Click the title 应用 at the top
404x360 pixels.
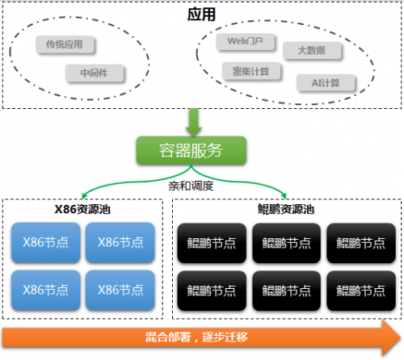point(201,15)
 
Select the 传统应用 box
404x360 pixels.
point(65,44)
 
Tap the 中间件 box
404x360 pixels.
point(95,73)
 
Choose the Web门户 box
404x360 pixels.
point(245,41)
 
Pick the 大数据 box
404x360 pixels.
point(312,50)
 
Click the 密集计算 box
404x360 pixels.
point(251,71)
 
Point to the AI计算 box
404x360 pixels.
point(326,83)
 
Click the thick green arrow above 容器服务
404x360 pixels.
point(194,122)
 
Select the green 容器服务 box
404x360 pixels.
point(191,150)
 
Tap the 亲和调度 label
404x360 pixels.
point(191,186)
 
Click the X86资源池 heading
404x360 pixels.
point(82,209)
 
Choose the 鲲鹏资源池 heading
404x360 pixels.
point(286,209)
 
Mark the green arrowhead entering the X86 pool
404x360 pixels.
point(84,196)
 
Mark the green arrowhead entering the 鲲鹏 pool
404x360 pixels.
point(284,196)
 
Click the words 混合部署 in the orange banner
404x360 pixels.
point(168,337)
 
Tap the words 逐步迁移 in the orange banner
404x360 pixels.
point(225,337)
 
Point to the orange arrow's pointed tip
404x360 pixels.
point(401,337)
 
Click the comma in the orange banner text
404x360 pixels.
point(196,340)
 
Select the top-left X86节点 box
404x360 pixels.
point(46,242)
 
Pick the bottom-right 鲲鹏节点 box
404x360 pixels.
point(361,291)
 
